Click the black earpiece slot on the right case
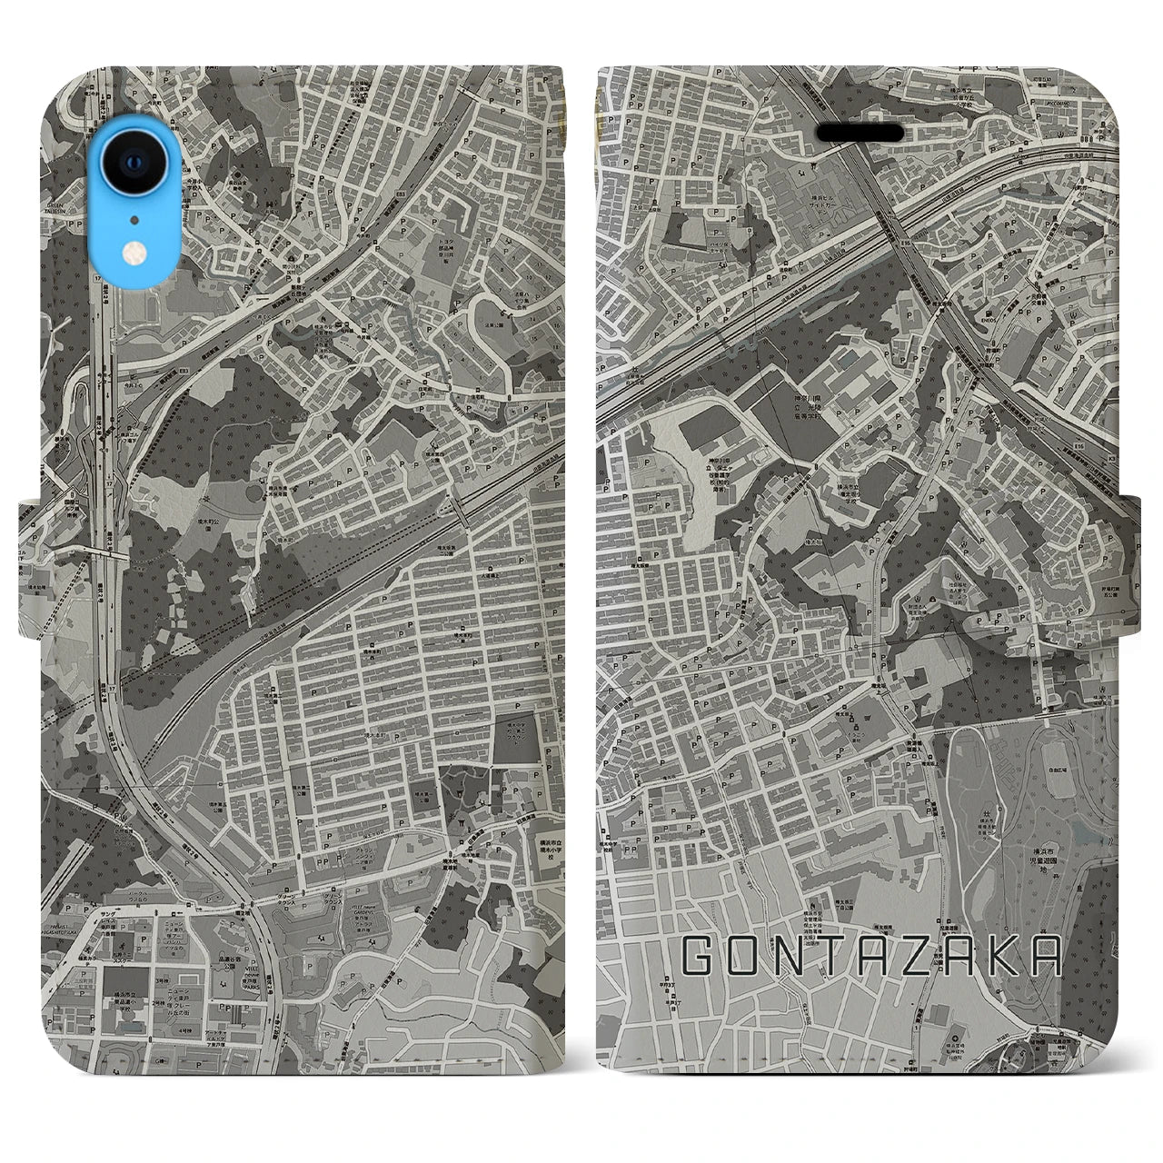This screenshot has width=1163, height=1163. click(x=860, y=133)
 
